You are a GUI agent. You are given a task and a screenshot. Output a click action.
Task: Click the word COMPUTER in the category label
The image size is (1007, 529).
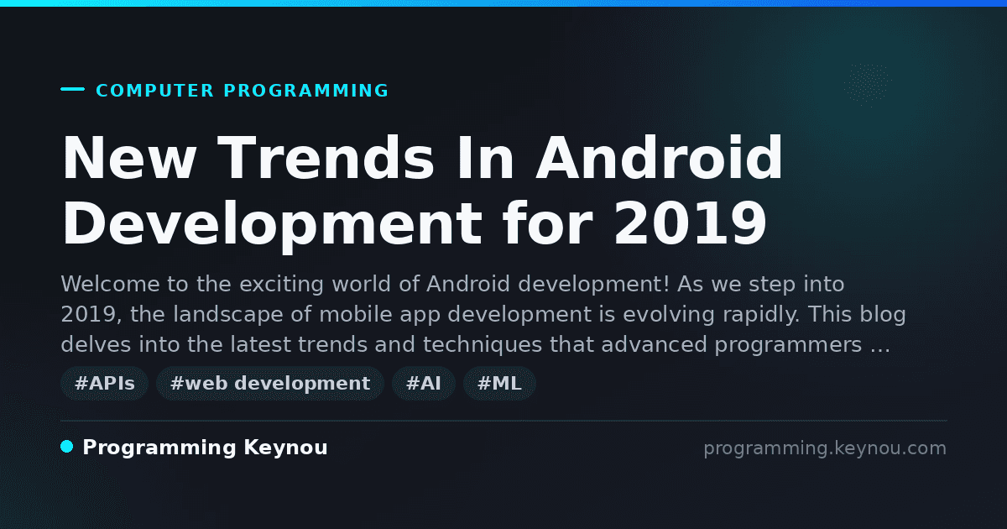click(x=154, y=91)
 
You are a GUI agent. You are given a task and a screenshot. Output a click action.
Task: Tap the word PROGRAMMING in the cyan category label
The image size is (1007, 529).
click(x=305, y=91)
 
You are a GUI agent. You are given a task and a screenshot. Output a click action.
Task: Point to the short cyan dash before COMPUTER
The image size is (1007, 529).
click(x=72, y=89)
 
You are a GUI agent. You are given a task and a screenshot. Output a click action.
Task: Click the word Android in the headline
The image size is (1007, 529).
click(x=659, y=158)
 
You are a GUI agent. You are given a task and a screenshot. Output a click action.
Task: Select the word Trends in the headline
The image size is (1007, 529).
click(x=326, y=158)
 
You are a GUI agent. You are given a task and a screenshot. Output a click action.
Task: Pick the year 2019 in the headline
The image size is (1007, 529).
click(x=690, y=223)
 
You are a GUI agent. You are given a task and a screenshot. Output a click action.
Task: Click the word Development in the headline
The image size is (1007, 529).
click(x=273, y=225)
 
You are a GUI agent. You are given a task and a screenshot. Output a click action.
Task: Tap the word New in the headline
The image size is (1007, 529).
click(x=128, y=158)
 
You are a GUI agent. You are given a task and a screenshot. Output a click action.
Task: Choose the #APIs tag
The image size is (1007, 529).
click(x=104, y=383)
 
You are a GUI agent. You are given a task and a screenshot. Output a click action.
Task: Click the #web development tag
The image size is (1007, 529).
click(x=269, y=383)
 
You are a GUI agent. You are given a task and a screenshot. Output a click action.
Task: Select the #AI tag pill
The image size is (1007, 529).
click(x=424, y=383)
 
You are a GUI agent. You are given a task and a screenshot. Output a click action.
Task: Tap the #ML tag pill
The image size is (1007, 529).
click(x=499, y=383)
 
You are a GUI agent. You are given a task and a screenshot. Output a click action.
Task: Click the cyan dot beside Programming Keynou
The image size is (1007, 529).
click(x=67, y=447)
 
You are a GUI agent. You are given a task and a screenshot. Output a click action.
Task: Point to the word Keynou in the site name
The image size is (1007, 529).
click(x=285, y=448)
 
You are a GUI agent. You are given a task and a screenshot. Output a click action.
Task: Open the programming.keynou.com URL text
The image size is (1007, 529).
click(x=825, y=448)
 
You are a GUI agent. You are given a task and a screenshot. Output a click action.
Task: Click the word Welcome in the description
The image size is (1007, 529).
click(x=110, y=285)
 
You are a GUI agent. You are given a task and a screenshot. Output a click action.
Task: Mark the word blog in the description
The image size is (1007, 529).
click(x=883, y=314)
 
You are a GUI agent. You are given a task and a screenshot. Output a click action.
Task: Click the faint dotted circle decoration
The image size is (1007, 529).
click(x=868, y=85)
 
